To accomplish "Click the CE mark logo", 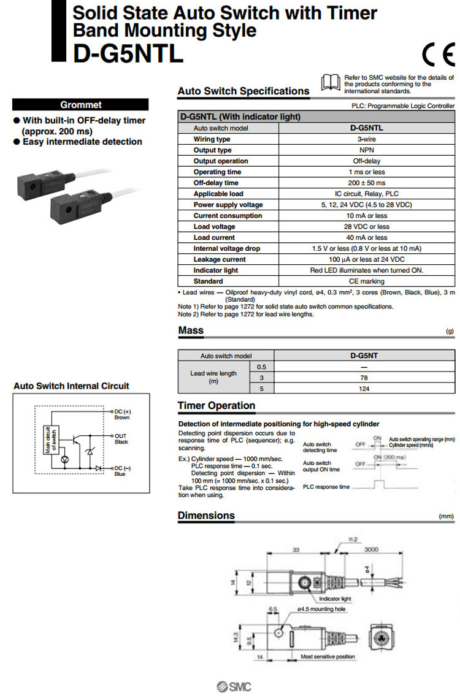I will click(437, 56).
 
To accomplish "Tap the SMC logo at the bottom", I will click(234, 686).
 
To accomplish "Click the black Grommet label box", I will click(80, 105).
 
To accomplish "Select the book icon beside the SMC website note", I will click(331, 82).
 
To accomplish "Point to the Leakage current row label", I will click(219, 259).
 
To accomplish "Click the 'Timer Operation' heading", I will click(217, 406).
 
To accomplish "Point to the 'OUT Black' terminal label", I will click(121, 438).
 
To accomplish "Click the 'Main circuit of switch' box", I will click(47, 439).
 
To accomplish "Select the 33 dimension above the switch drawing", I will click(296, 550).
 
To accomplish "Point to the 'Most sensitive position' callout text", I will click(328, 657).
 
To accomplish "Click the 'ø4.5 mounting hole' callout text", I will click(322, 609).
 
